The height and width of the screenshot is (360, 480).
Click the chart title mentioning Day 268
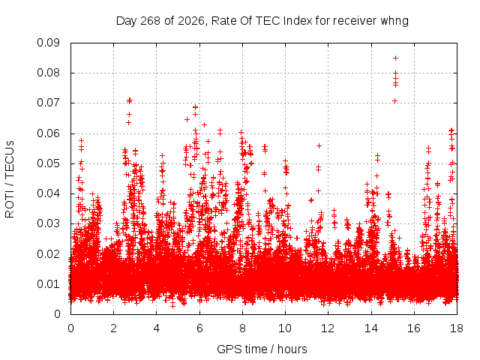coord(262,21)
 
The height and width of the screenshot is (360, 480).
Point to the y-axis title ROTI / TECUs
coord(10,179)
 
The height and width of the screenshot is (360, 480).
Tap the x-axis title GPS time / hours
coord(262,349)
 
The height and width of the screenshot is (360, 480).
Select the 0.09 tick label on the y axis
coord(48,43)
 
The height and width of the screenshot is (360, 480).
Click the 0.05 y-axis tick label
coord(48,163)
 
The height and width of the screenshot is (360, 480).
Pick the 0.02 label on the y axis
coord(48,253)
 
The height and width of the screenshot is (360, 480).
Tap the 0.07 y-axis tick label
coord(48,103)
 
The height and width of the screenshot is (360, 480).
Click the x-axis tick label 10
coord(285,328)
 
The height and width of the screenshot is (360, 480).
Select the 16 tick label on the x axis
coord(414,328)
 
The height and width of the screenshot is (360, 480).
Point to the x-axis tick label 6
coord(199,328)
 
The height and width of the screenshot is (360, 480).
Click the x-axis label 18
coord(457,328)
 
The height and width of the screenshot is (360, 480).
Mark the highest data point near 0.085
coord(395,58)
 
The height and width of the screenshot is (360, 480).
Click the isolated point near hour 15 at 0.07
coord(395,100)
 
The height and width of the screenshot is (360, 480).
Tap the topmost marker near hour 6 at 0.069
coord(195,107)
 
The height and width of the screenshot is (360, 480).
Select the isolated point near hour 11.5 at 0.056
coord(319,145)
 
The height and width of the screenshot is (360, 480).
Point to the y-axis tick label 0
coord(57,314)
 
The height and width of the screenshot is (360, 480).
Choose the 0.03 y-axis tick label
coord(48,223)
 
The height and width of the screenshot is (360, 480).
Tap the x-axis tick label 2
coord(113,328)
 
